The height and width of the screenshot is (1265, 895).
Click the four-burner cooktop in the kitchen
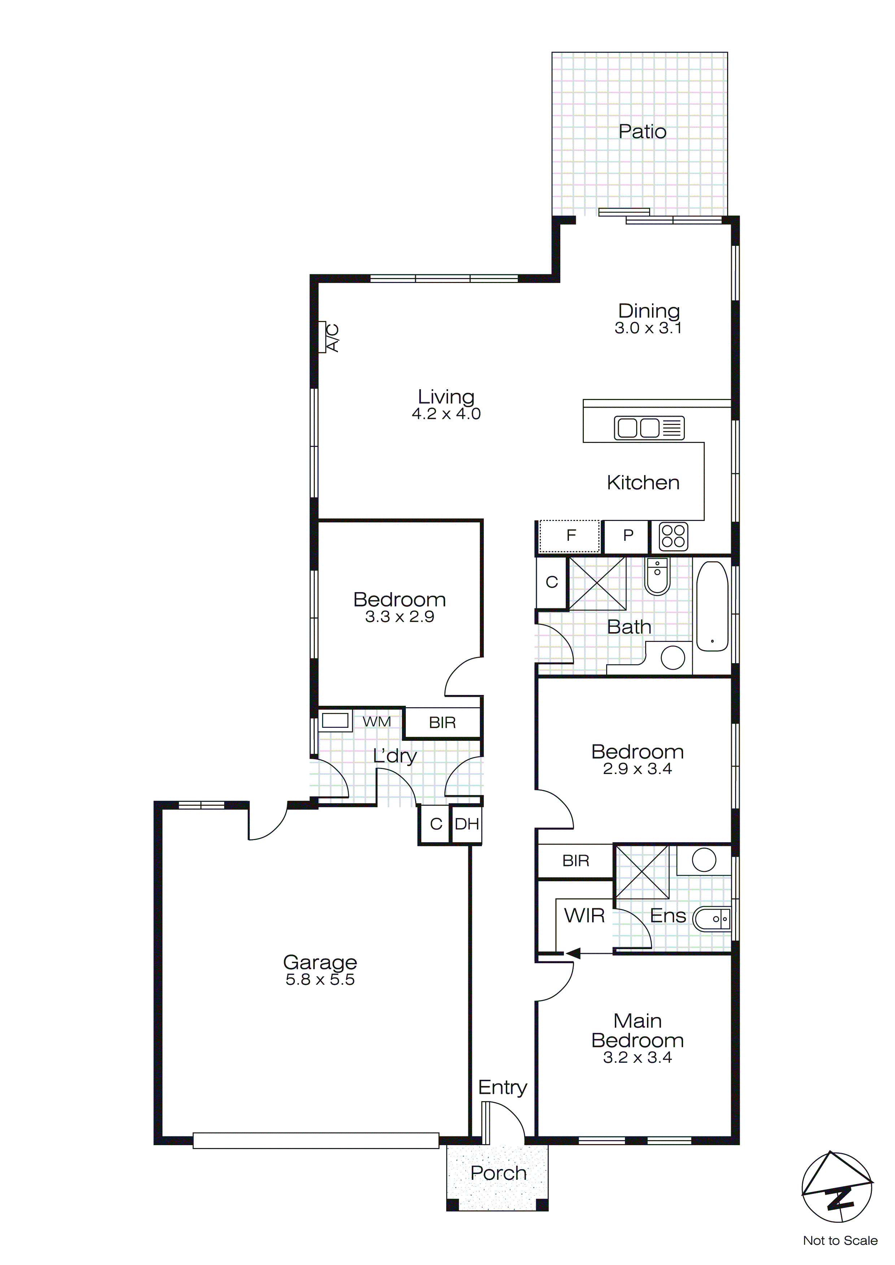tap(673, 536)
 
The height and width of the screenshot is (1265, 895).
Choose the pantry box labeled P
tap(627, 536)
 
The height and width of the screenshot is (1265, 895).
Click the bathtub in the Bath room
tap(712, 607)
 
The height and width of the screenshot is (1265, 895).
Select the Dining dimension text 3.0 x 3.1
tap(648, 329)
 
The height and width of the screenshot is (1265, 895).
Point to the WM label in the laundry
tap(377, 721)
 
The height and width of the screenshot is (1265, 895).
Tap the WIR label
tap(584, 916)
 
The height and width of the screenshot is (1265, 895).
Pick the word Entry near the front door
tap(502, 1088)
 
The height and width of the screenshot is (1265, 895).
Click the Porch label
tap(498, 1174)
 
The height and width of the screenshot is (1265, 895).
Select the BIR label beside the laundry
tap(442, 723)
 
